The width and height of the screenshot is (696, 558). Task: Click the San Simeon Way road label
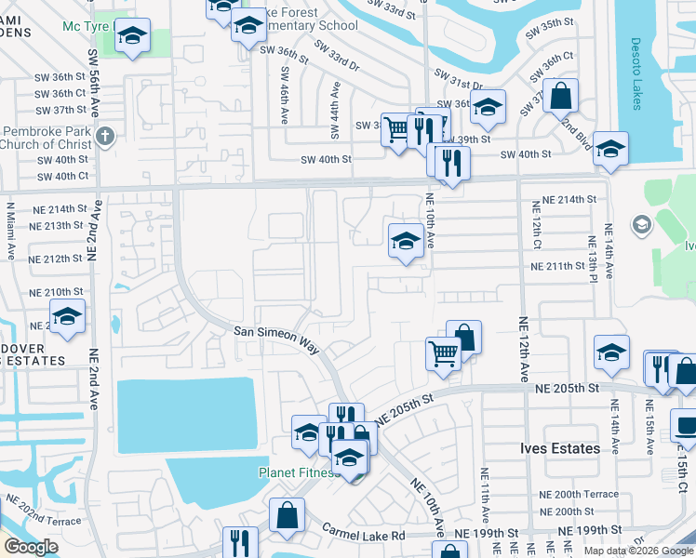point(276,339)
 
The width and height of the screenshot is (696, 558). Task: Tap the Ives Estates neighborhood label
point(559,449)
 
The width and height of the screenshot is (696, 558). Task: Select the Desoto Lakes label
point(636,73)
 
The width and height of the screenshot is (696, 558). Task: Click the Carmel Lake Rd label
point(364,535)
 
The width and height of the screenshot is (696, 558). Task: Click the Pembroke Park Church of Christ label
point(47,138)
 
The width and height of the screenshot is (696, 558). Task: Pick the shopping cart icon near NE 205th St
point(444,352)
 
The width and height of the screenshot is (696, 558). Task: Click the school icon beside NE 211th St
point(406,240)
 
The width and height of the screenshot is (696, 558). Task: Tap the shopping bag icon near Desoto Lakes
point(561,95)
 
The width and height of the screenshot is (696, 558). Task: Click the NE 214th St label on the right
point(565,200)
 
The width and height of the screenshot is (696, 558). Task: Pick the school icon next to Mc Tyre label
point(133,36)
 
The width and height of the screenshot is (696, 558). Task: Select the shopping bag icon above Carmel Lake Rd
point(288,514)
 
